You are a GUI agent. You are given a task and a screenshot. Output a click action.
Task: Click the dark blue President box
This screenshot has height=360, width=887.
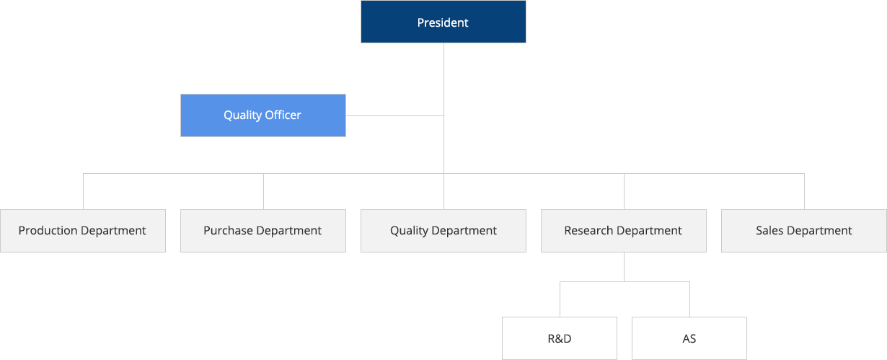click(x=443, y=22)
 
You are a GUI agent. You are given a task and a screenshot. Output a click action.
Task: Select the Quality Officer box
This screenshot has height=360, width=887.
click(x=262, y=115)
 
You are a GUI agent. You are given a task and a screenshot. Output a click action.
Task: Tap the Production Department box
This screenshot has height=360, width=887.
click(x=82, y=231)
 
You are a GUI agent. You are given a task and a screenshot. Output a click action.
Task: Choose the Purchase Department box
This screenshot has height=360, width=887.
click(x=262, y=231)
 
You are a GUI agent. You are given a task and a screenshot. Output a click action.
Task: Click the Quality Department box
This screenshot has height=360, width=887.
click(x=443, y=231)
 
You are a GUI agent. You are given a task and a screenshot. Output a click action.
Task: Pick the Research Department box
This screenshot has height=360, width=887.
click(x=623, y=231)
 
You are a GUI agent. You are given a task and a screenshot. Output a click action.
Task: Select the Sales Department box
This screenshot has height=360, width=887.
click(x=803, y=231)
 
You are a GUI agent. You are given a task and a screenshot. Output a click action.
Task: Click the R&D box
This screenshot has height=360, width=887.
click(x=559, y=338)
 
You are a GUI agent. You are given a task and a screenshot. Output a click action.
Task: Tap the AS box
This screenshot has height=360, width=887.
click(x=689, y=338)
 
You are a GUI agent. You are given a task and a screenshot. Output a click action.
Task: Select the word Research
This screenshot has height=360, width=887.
click(x=588, y=231)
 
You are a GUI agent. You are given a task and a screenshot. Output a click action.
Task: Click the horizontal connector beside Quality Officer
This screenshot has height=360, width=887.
click(x=394, y=115)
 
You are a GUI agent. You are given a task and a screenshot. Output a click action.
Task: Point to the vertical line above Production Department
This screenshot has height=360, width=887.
click(x=83, y=192)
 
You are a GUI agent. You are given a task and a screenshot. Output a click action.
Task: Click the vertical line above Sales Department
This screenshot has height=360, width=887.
click(x=804, y=192)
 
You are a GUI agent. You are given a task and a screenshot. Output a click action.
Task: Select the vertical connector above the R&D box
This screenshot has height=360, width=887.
click(x=560, y=299)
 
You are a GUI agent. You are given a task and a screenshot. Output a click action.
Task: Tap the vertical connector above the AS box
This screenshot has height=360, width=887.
click(x=689, y=299)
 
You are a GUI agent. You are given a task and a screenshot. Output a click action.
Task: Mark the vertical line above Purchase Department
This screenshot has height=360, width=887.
click(x=263, y=192)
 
